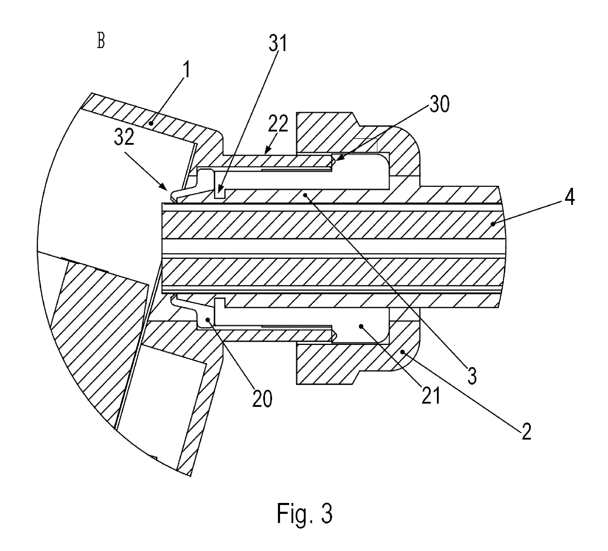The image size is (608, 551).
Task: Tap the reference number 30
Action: (440, 104)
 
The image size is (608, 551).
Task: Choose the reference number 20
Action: (262, 399)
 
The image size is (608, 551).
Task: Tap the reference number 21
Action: (431, 396)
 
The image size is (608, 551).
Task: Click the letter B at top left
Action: (101, 41)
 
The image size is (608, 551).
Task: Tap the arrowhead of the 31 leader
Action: (219, 191)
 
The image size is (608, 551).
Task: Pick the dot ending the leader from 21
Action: (361, 326)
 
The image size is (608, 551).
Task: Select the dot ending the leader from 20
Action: (208, 320)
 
